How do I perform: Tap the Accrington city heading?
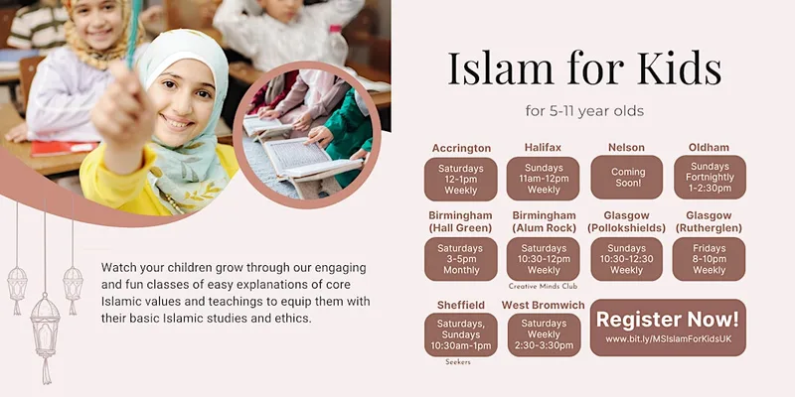[461, 148]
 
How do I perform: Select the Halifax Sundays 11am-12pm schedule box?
[543, 179]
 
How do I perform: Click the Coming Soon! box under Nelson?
[627, 178]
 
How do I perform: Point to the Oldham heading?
[709, 147]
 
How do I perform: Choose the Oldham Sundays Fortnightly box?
[710, 178]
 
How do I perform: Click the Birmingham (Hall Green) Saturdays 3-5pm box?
[460, 259]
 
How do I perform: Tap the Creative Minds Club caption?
[543, 286]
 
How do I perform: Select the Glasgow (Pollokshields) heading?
[627, 221]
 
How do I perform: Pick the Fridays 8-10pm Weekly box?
[709, 259]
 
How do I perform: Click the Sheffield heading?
[461, 305]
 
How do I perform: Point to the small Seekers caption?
[458, 362]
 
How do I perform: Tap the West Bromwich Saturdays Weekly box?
[544, 334]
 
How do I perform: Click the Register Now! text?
[667, 320]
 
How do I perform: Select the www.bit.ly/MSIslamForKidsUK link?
[668, 339]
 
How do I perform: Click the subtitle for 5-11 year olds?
[584, 111]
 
